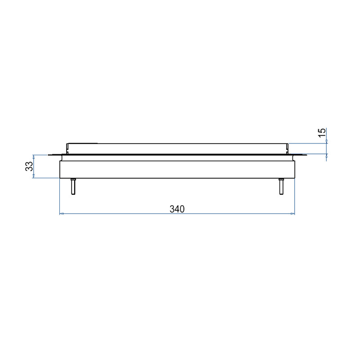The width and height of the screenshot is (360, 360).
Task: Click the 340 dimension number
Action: [x=177, y=209]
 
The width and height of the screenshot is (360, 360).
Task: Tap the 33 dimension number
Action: [x=29, y=166]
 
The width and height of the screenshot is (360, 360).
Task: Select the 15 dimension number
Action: [x=322, y=133]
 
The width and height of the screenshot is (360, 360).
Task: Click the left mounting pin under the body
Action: [x=73, y=186]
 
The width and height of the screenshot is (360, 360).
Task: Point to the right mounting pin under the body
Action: [x=281, y=186]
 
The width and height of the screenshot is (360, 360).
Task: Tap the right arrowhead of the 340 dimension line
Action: [x=292, y=214]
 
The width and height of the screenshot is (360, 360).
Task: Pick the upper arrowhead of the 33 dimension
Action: [x=33, y=157]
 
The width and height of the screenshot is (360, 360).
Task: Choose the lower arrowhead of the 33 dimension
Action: [x=33, y=176]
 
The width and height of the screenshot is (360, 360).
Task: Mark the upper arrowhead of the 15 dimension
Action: [x=327, y=141]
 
